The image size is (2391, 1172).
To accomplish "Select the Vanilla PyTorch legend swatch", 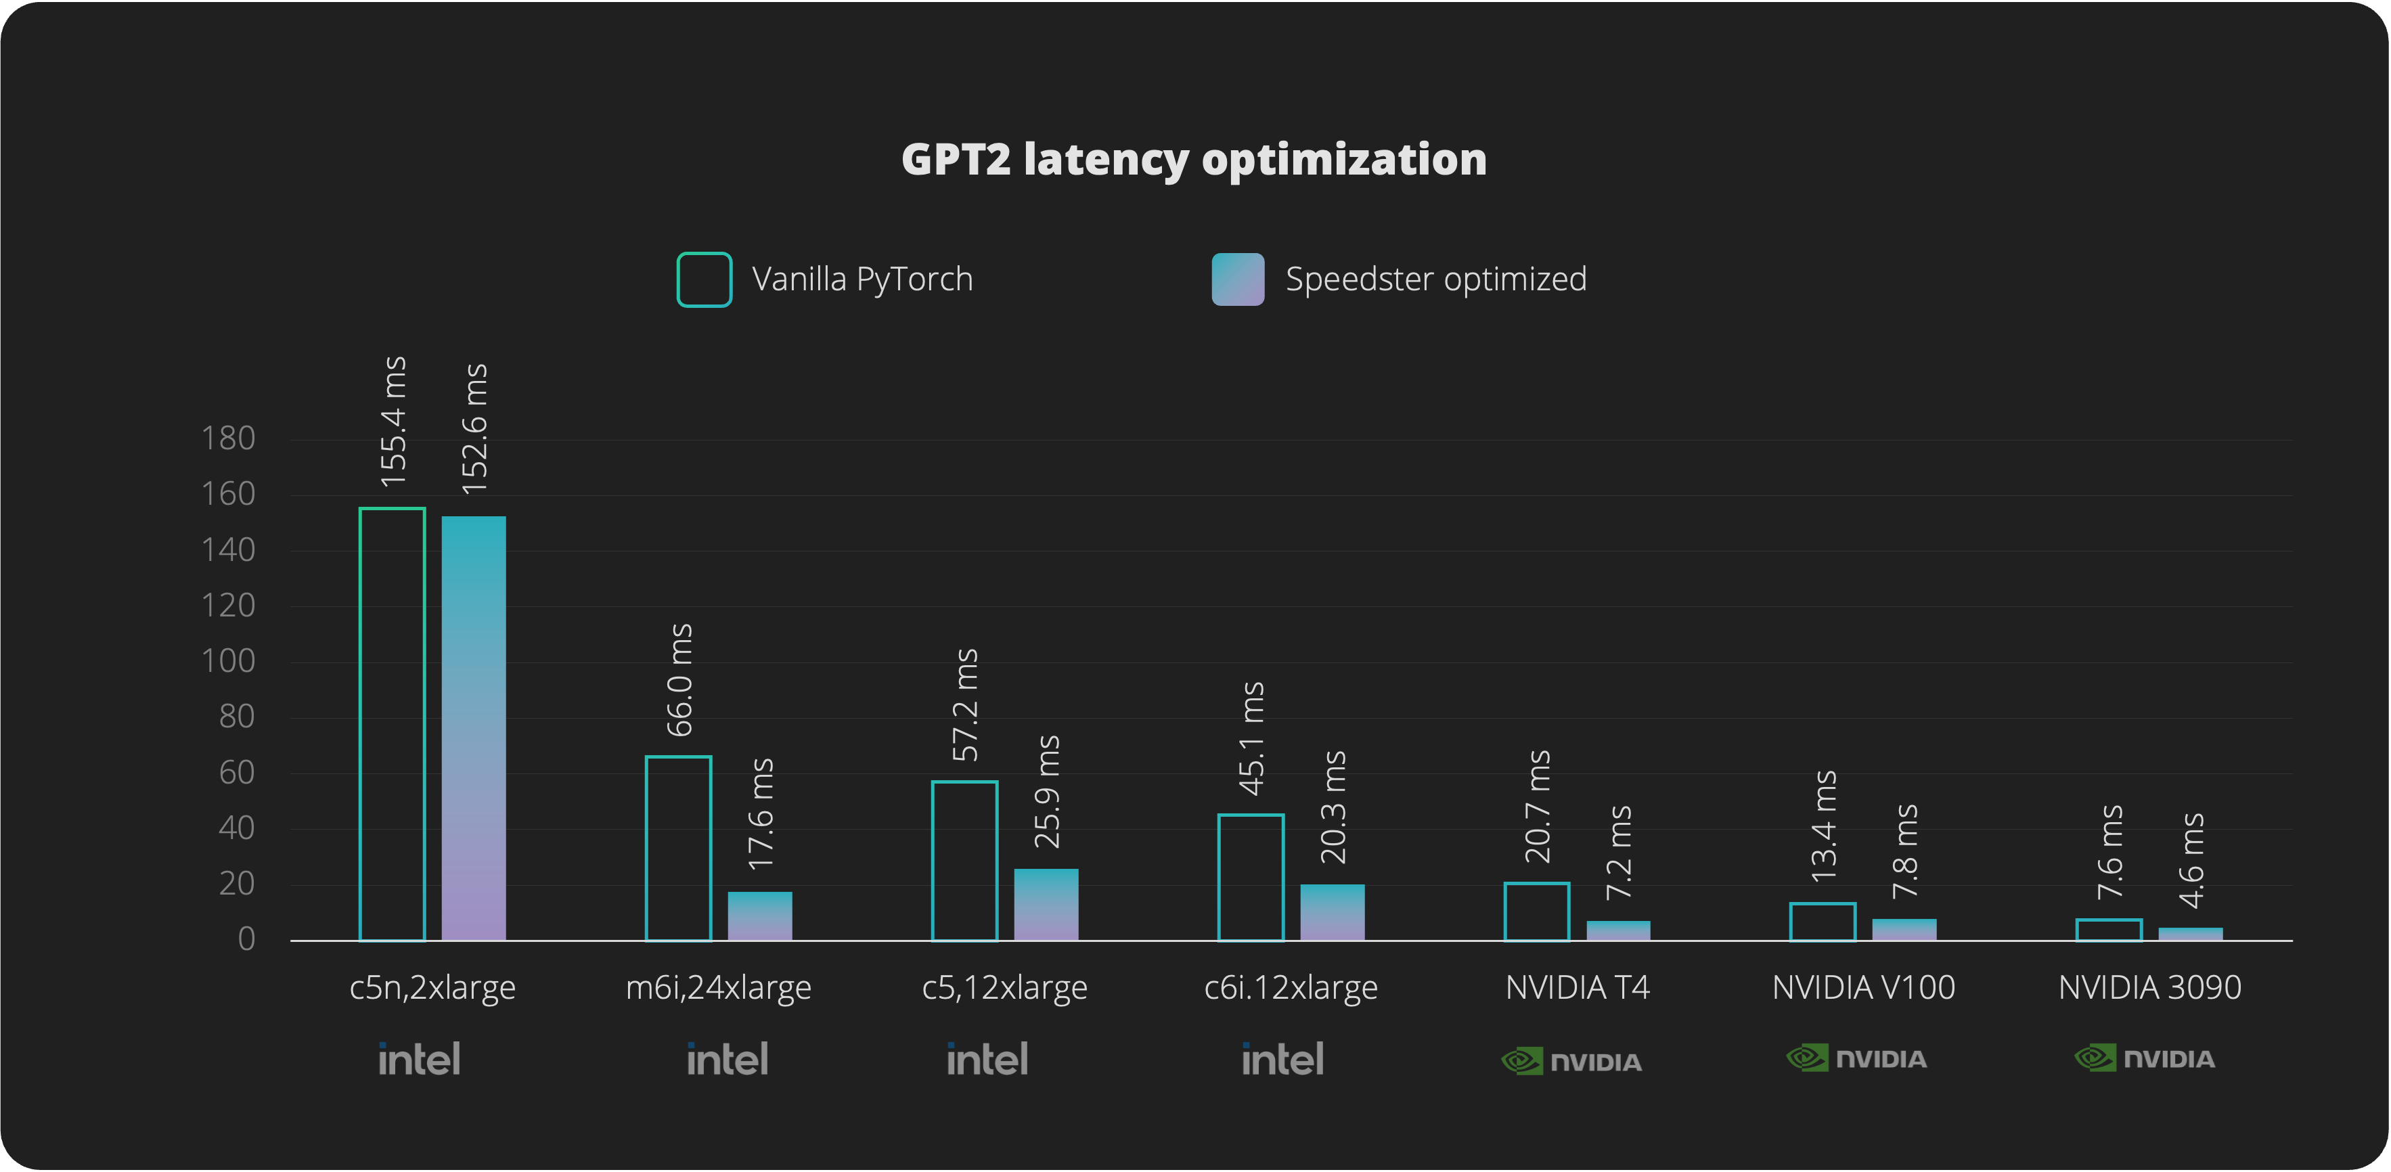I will [704, 279].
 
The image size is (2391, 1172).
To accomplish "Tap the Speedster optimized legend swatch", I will [1237, 279].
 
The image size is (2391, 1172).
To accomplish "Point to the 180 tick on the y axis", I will [228, 438].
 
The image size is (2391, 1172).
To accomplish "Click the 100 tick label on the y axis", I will [228, 660].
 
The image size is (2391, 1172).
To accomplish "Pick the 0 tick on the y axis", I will [246, 939].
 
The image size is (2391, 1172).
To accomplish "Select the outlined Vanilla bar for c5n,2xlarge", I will [392, 724].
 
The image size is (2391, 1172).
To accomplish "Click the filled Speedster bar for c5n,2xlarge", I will [473, 729].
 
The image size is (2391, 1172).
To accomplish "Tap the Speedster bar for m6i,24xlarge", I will [759, 916].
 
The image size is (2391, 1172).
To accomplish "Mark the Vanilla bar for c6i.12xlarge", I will [1250, 877].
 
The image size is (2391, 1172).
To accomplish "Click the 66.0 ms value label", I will [680, 680].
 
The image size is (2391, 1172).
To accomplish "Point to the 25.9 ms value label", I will [1047, 792].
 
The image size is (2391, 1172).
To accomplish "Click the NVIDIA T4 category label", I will [1577, 987].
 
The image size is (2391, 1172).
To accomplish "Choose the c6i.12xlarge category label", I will [1290, 988].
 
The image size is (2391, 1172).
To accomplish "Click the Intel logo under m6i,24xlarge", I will [727, 1059].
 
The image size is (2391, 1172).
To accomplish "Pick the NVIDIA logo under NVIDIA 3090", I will [2144, 1059].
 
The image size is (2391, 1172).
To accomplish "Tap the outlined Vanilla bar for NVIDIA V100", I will [1822, 922].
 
